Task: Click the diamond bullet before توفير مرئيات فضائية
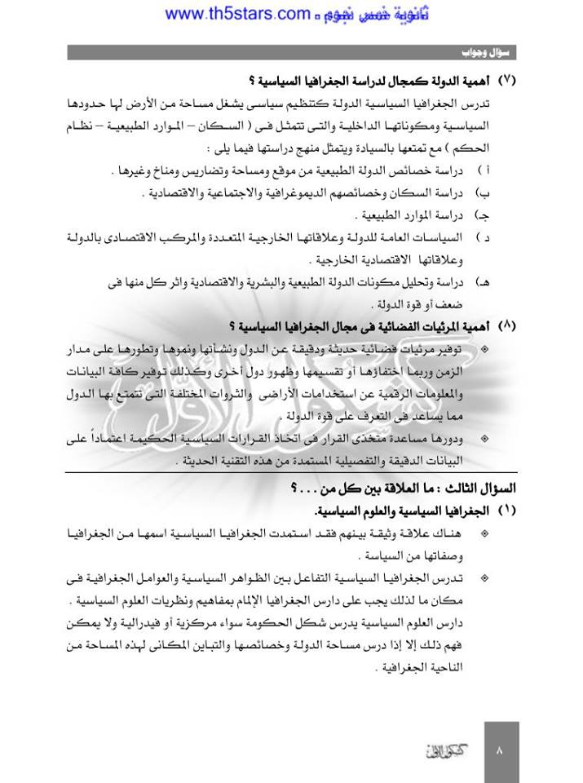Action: pyautogui.click(x=486, y=349)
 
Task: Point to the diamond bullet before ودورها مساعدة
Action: pyautogui.click(x=486, y=438)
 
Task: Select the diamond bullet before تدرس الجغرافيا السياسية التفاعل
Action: pyautogui.click(x=486, y=577)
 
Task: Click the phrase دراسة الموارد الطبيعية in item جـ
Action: pyautogui.click(x=409, y=216)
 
